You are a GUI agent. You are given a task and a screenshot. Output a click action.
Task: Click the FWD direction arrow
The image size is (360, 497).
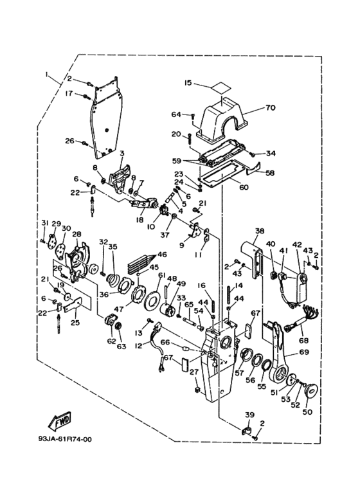click(x=60, y=420)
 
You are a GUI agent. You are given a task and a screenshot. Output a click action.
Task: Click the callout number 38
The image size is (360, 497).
click(x=259, y=230)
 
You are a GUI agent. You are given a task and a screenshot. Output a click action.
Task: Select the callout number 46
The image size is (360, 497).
click(x=162, y=255)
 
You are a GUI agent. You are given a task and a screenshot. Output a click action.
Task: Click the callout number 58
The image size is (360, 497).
click(x=270, y=174)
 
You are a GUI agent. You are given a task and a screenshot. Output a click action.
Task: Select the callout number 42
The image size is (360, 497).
click(x=296, y=244)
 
